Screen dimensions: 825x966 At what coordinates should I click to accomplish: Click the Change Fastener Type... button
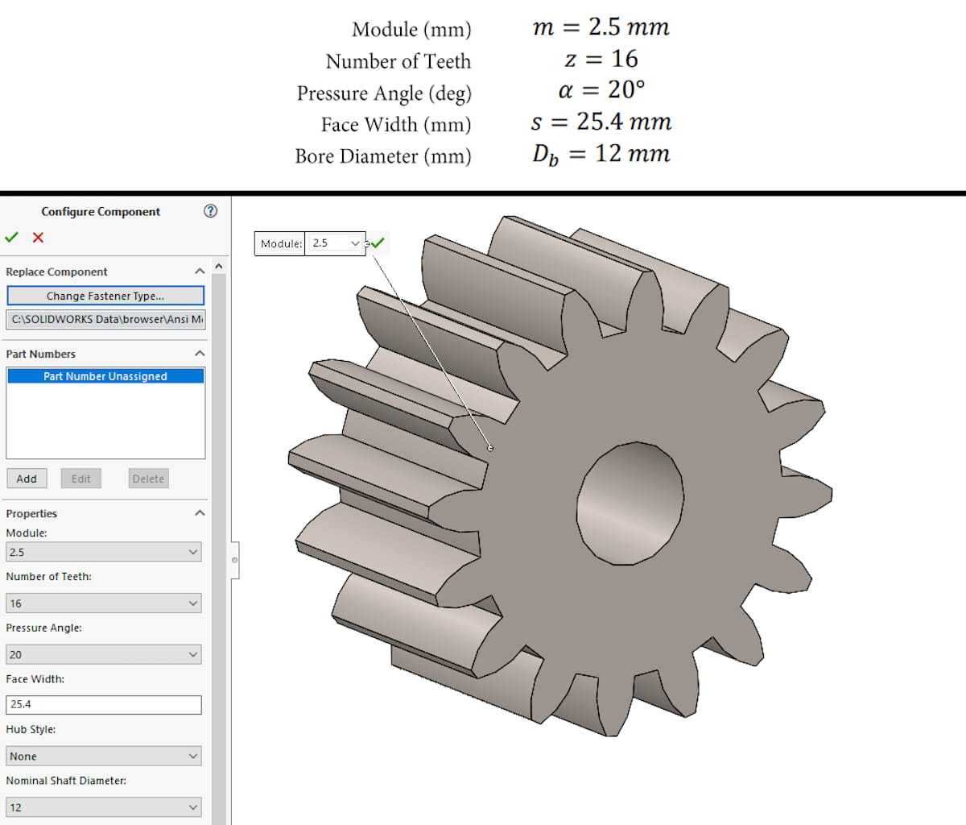click(x=105, y=296)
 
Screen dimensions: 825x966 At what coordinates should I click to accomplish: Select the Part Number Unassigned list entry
click(x=105, y=376)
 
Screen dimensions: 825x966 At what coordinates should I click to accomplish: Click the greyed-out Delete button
click(x=148, y=479)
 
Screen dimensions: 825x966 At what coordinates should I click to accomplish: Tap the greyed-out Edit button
click(x=81, y=479)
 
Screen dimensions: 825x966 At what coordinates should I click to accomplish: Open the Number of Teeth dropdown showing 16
click(x=104, y=603)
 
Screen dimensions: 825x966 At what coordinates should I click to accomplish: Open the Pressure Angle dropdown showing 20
click(x=104, y=655)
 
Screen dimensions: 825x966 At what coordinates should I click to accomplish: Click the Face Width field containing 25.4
click(x=104, y=705)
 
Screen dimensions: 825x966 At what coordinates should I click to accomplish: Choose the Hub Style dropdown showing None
click(x=104, y=757)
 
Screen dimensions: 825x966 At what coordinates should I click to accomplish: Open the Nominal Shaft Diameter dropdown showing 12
click(x=104, y=807)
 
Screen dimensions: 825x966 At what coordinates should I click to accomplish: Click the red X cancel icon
click(x=38, y=238)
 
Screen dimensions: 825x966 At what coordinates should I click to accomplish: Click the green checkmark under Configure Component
click(x=11, y=238)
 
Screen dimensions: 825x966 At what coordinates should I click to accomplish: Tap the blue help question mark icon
click(x=210, y=211)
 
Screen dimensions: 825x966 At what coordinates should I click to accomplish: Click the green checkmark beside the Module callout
click(x=378, y=243)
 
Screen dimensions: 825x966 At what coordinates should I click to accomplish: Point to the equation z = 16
click(x=601, y=59)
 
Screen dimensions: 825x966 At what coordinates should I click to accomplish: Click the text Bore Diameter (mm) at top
click(x=383, y=155)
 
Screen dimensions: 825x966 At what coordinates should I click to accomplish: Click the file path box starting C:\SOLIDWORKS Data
click(x=105, y=319)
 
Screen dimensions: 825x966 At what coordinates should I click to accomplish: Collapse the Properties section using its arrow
click(x=200, y=513)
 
